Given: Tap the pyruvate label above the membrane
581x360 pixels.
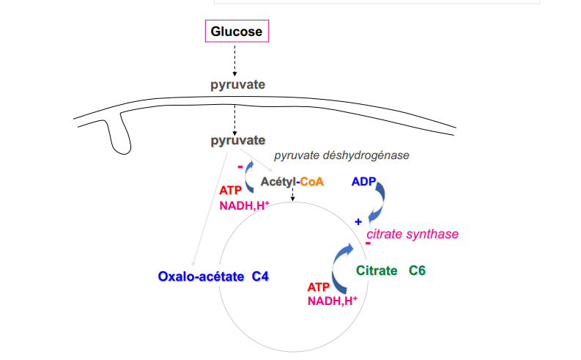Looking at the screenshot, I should pyautogui.click(x=237, y=84).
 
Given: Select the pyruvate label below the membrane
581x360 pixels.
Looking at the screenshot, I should pyautogui.click(x=237, y=139).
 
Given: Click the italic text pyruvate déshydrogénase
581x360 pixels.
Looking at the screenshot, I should pyautogui.click(x=341, y=155).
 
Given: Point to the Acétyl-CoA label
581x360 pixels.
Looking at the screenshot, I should pyautogui.click(x=292, y=181).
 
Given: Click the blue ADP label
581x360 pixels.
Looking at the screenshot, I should pyautogui.click(x=364, y=181).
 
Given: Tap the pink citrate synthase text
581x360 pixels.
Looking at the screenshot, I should pyautogui.click(x=412, y=234).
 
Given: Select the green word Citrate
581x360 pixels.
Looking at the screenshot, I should pyautogui.click(x=377, y=271).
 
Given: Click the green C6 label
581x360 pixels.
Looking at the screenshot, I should pyautogui.click(x=418, y=271).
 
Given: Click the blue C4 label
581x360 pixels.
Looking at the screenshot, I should pyautogui.click(x=260, y=276).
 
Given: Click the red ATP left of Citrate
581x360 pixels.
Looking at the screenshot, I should pyautogui.click(x=319, y=287).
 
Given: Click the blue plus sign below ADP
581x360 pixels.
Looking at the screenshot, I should pyautogui.click(x=358, y=221).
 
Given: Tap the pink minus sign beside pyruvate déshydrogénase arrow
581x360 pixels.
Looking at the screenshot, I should pyautogui.click(x=240, y=167).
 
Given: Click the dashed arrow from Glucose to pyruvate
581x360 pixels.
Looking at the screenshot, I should pyautogui.click(x=235, y=59).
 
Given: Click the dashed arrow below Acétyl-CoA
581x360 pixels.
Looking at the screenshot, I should pyautogui.click(x=292, y=195).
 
